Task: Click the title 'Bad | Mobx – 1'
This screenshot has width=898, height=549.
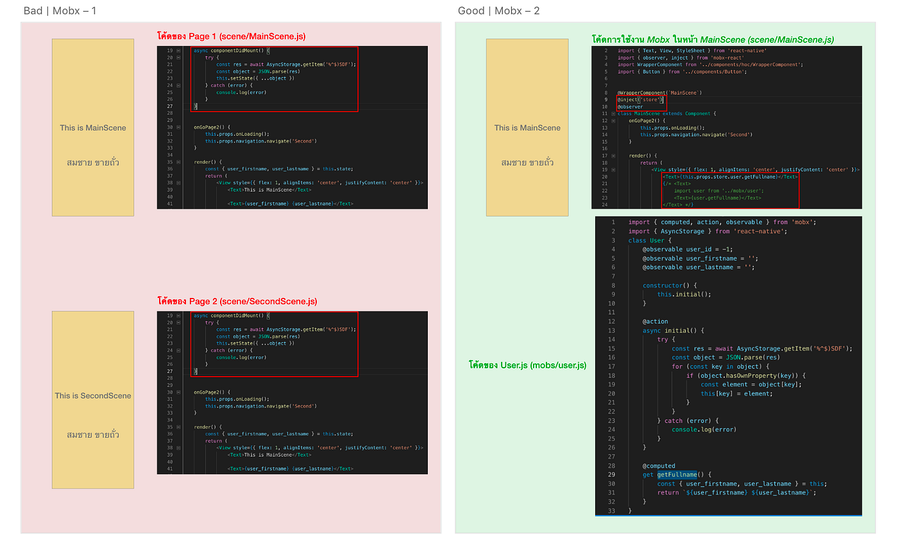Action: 60,11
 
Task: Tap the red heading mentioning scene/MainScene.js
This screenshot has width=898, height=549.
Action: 231,37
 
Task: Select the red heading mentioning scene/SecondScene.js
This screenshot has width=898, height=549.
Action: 237,301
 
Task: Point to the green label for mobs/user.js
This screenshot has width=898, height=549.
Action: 527,365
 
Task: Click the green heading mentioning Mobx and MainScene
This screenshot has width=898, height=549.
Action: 713,40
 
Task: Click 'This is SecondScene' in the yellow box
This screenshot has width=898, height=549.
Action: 93,396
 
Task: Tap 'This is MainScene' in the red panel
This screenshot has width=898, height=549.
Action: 93,128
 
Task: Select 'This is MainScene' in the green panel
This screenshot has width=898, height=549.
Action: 527,128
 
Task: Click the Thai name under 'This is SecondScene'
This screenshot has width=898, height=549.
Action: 93,435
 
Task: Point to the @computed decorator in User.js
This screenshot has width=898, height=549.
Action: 659,466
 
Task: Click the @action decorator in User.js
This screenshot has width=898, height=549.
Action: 655,322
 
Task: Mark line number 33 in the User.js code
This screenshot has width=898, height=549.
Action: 612,511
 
